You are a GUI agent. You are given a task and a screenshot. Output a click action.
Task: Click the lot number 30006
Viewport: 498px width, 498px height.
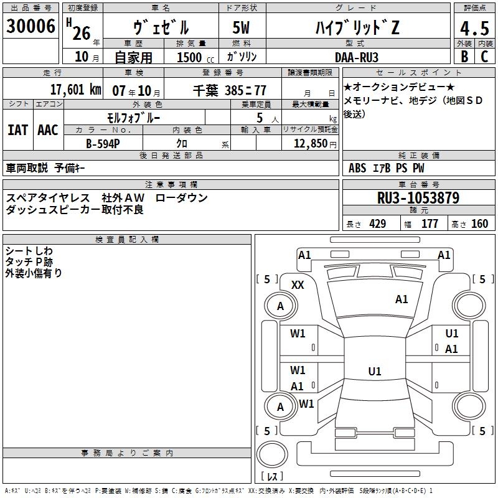(31, 27)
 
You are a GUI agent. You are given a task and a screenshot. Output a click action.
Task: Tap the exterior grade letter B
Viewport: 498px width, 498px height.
(464, 57)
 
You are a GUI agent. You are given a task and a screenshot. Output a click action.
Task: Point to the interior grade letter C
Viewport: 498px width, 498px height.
(484, 57)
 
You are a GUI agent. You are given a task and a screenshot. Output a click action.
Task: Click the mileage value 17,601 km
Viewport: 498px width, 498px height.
(75, 90)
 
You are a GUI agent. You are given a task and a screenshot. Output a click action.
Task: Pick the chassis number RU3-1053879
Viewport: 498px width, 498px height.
(418, 199)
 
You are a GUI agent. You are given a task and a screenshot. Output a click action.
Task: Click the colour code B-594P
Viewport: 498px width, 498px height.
(103, 144)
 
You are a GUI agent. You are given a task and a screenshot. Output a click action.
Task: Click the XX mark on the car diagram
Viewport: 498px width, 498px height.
(298, 285)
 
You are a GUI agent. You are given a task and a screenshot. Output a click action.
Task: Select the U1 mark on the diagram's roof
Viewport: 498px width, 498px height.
(374, 372)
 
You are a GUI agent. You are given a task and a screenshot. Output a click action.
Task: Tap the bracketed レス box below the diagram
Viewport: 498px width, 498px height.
(272, 477)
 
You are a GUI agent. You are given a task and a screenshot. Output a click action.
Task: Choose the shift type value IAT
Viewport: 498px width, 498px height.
(17, 130)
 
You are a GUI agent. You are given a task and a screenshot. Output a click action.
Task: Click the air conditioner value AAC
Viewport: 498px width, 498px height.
(48, 130)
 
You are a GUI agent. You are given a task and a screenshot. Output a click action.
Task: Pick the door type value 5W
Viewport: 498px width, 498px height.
(243, 28)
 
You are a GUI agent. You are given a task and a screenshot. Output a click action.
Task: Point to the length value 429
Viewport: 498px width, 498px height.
(377, 224)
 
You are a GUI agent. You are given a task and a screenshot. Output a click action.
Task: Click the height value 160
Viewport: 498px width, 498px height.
(479, 224)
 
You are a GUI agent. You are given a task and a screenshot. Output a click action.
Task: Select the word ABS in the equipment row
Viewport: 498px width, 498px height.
(357, 168)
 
